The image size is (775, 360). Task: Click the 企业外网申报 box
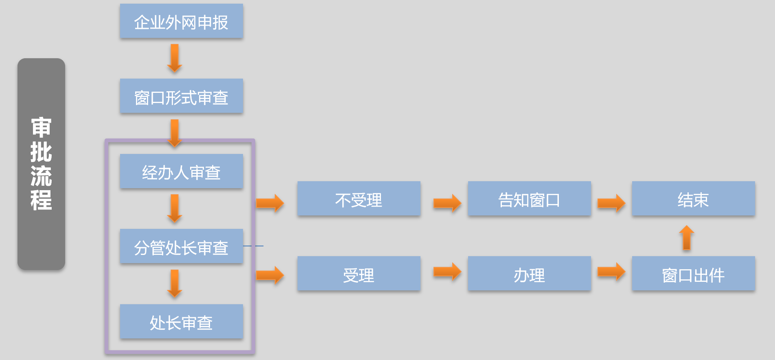(181, 21)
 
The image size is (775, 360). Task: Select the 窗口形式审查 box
(181, 96)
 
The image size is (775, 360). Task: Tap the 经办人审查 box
(181, 171)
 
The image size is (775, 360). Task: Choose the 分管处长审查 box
(181, 246)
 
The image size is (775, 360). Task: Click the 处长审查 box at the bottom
(181, 322)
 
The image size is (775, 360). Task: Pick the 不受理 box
(359, 199)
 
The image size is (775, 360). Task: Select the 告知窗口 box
(529, 199)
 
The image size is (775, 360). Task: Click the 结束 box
(693, 199)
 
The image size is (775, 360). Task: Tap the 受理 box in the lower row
(359, 274)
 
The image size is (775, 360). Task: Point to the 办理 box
(529, 274)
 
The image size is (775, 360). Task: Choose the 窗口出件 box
(693, 274)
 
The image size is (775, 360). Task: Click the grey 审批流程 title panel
(41, 164)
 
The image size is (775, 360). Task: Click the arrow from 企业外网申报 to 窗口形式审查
(175, 58)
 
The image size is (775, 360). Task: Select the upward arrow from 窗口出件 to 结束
(687, 237)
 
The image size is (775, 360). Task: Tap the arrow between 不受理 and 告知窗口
(447, 202)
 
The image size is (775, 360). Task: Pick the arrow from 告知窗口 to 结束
(611, 202)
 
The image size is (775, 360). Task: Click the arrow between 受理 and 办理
(447, 272)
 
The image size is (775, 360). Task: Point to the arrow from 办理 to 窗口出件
(611, 272)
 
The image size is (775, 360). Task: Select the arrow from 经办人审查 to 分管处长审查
(175, 208)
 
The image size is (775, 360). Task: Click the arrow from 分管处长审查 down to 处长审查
(175, 283)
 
